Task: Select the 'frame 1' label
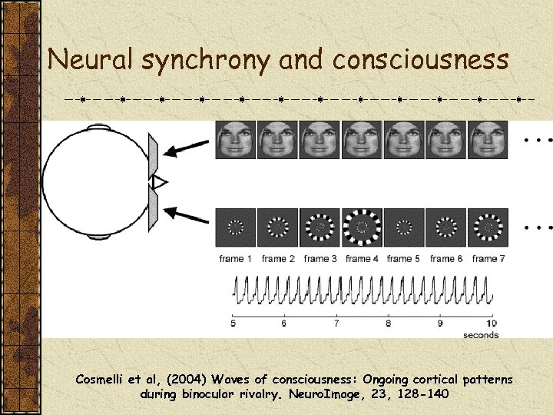click(x=236, y=259)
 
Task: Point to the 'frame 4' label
click(x=362, y=259)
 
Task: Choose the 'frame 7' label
click(x=488, y=259)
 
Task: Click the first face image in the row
click(x=236, y=141)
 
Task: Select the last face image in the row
click(x=488, y=141)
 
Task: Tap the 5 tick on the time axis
click(x=233, y=324)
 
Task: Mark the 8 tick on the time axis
click(x=388, y=324)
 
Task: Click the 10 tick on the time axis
click(x=491, y=324)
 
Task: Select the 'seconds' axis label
click(x=481, y=335)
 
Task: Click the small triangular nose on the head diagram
click(x=160, y=182)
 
